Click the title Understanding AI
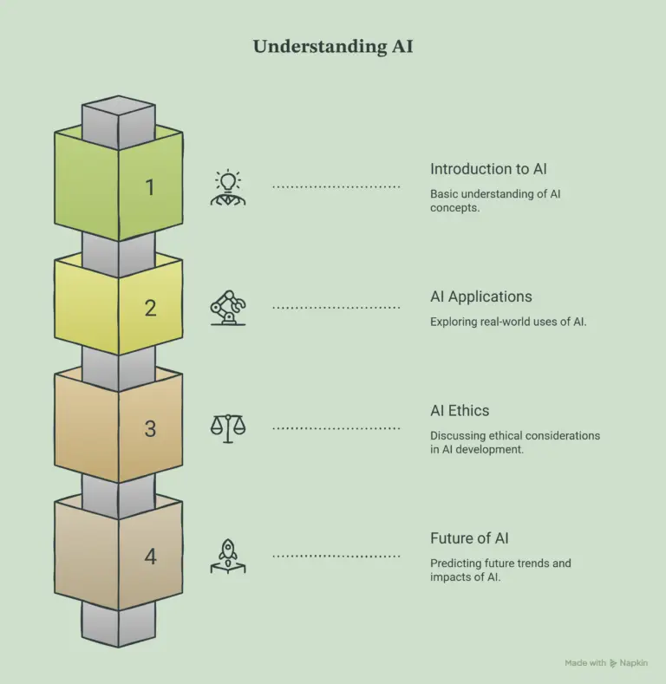point(333,46)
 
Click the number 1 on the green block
point(150,187)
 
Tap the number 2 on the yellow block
point(150,308)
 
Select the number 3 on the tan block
point(150,429)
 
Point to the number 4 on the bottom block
point(151,557)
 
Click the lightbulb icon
point(228,187)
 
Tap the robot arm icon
point(228,308)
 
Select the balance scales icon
point(228,428)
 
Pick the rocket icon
point(228,557)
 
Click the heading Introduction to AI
point(488,169)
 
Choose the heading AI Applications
point(481,296)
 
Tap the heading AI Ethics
point(460,411)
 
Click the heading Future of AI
point(469,538)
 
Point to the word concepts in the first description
point(454,208)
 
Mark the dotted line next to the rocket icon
point(336,557)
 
